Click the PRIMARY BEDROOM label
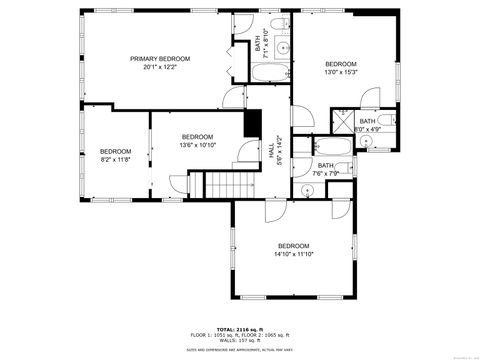click(159, 59)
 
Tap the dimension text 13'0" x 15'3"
click(340, 72)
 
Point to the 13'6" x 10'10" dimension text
click(197, 144)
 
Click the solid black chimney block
click(253, 122)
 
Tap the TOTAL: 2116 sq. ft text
click(239, 328)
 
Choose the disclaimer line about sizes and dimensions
click(239, 350)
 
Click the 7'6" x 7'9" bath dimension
click(326, 173)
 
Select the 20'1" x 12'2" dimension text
click(159, 67)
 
